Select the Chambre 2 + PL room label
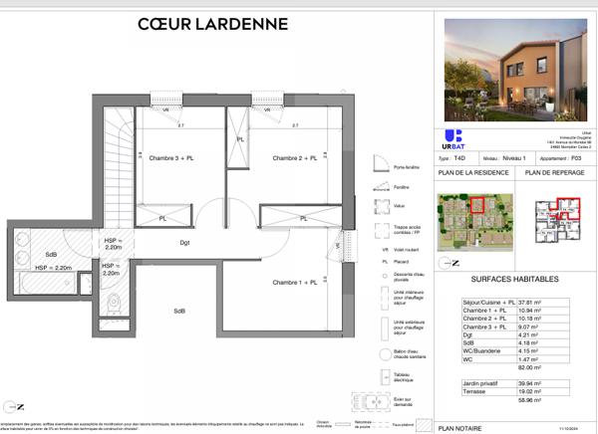tap(295, 158)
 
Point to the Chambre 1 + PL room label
tap(295, 283)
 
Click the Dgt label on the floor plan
tap(184, 242)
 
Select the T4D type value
tap(458, 158)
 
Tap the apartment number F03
tap(574, 158)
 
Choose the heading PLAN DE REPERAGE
tap(554, 173)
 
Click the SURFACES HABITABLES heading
tap(514, 280)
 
